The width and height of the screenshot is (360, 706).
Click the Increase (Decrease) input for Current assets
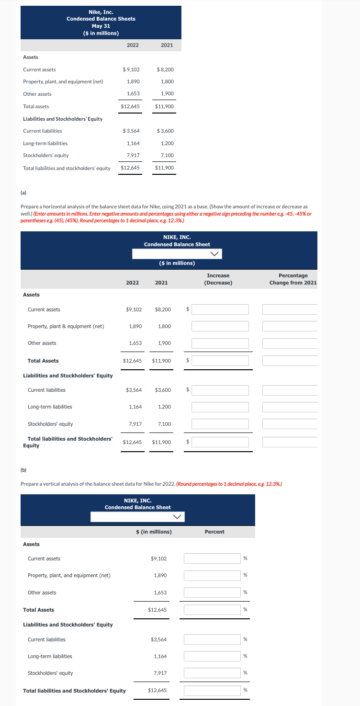(220, 309)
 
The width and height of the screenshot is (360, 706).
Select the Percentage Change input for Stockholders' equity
(290, 424)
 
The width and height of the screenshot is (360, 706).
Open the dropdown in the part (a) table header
(177, 253)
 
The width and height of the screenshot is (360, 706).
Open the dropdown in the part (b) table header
(138, 516)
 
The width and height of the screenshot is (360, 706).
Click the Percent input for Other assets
(213, 592)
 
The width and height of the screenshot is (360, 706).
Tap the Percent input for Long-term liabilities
(213, 656)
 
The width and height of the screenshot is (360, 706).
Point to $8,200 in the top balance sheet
(165, 69)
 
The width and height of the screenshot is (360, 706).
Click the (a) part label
(23, 193)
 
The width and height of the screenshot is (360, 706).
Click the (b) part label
(23, 470)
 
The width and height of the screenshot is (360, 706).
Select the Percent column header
(214, 532)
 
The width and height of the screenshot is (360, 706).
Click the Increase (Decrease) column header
(218, 279)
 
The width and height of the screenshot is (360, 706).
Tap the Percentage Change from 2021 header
(293, 279)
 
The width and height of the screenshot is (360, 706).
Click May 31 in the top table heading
(101, 26)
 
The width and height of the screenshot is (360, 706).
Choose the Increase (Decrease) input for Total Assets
(220, 361)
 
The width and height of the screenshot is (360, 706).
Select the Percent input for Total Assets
(213, 610)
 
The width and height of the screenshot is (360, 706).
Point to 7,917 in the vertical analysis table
(160, 673)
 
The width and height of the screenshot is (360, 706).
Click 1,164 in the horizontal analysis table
(135, 407)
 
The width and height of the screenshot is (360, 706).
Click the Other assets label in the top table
(37, 94)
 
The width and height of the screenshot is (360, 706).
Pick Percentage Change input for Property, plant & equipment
(290, 326)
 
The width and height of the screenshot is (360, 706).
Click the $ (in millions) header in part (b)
(154, 532)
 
